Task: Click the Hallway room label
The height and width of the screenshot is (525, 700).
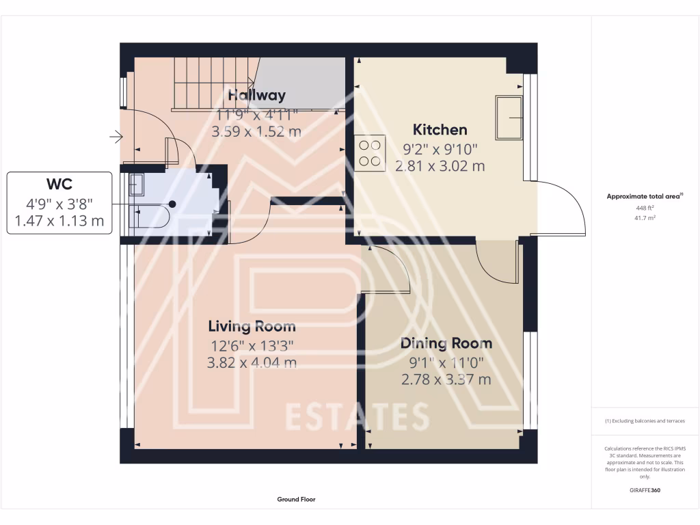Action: (x=257, y=95)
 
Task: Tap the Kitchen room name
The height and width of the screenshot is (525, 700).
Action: (x=440, y=129)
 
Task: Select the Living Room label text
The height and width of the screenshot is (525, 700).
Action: (x=252, y=326)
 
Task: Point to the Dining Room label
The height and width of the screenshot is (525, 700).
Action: (x=446, y=343)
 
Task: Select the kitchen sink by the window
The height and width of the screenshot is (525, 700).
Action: (x=509, y=116)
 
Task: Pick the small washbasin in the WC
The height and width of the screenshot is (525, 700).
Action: (x=137, y=184)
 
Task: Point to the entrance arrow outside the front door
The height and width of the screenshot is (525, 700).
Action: (x=116, y=138)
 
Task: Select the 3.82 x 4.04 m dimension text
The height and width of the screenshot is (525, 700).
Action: (x=252, y=363)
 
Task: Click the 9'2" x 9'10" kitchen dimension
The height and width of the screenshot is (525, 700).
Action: (x=440, y=148)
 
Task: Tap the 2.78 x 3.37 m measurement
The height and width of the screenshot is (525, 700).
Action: (x=446, y=380)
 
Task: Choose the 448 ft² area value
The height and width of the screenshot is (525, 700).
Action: (x=645, y=208)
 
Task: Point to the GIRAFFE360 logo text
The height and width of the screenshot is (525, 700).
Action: (x=645, y=490)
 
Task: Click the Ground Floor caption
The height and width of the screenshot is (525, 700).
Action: (x=296, y=500)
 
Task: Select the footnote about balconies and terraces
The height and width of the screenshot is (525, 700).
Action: (x=645, y=421)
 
